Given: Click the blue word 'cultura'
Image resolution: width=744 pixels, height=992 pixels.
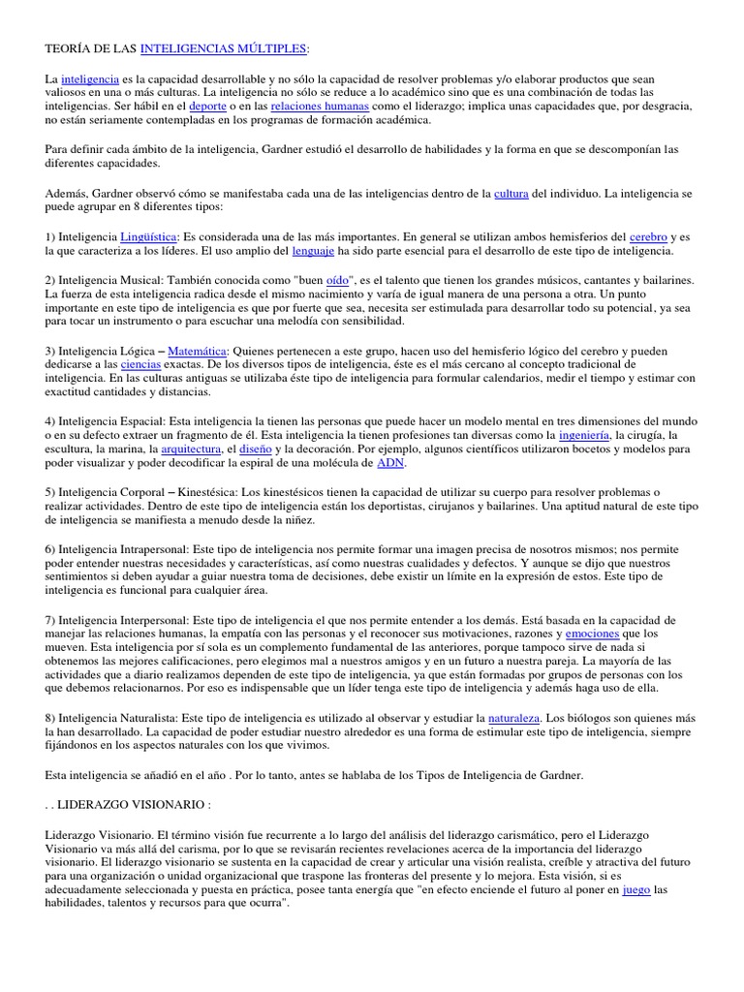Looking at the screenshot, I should (x=511, y=194).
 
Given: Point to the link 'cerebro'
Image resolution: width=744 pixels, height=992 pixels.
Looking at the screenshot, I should (x=648, y=236).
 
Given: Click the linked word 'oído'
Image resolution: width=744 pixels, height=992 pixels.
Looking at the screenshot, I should (x=336, y=280).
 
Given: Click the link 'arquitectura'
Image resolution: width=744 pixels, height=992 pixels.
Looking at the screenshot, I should (x=190, y=449).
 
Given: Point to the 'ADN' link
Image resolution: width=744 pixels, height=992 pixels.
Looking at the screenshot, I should (x=389, y=463).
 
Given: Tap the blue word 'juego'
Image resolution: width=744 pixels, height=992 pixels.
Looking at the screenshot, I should (x=635, y=888).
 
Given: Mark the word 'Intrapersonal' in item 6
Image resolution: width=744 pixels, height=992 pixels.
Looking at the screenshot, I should (x=149, y=548).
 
